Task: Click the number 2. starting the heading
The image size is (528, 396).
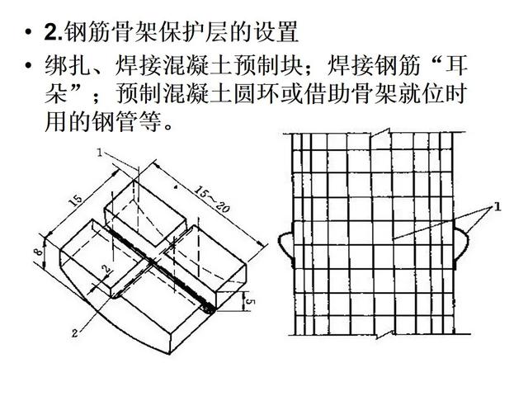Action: (54, 31)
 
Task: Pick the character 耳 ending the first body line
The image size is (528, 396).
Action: (456, 65)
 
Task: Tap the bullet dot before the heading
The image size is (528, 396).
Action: (29, 32)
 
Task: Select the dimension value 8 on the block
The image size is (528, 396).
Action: (39, 251)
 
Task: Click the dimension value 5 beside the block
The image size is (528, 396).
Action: (249, 302)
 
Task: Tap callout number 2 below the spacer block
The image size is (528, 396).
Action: (75, 333)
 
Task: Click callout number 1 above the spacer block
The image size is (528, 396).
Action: (99, 153)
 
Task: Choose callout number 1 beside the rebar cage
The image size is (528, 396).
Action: (497, 206)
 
